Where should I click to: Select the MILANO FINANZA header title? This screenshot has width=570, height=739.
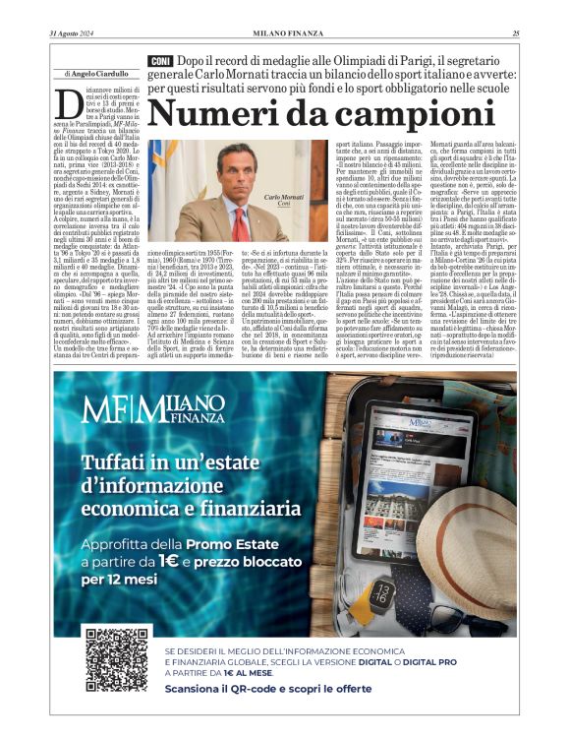(284, 33)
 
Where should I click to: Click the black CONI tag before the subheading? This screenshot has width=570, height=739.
(159, 61)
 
